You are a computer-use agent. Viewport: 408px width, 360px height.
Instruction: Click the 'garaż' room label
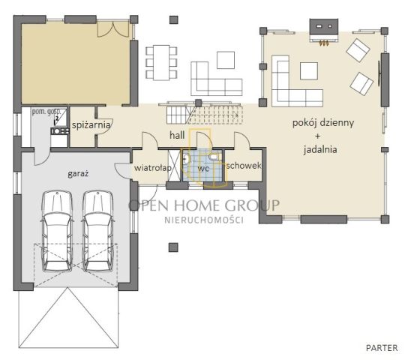78,173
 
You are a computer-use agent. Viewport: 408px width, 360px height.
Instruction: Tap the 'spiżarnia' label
91,124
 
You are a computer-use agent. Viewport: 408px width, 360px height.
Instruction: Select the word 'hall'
177,135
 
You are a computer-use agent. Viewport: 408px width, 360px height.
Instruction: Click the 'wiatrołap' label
152,168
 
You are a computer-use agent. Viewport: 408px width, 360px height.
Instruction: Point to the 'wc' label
203,168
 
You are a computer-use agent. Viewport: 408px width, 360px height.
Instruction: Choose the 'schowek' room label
244,166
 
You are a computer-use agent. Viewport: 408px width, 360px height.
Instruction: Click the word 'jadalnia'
320,149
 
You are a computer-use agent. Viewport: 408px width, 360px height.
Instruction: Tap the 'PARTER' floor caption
382,348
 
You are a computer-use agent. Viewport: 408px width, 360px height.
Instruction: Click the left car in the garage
57,231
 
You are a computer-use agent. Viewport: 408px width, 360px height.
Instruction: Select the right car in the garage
97,231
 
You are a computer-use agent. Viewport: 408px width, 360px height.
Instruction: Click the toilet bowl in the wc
213,157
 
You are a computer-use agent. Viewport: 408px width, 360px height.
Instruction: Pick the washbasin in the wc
186,158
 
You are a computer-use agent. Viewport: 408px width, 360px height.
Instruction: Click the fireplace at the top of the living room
324,31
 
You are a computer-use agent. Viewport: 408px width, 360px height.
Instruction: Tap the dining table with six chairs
161,63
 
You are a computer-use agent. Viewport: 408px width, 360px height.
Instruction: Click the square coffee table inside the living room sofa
309,70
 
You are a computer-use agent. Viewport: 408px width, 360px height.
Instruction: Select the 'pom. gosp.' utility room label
46,112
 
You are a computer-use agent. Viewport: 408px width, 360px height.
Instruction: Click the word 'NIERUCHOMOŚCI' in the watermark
204,220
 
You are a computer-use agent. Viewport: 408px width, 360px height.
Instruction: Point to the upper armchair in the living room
358,50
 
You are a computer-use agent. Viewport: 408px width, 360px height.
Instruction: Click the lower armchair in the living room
361,84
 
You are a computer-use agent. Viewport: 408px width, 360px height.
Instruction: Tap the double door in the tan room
113,29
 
